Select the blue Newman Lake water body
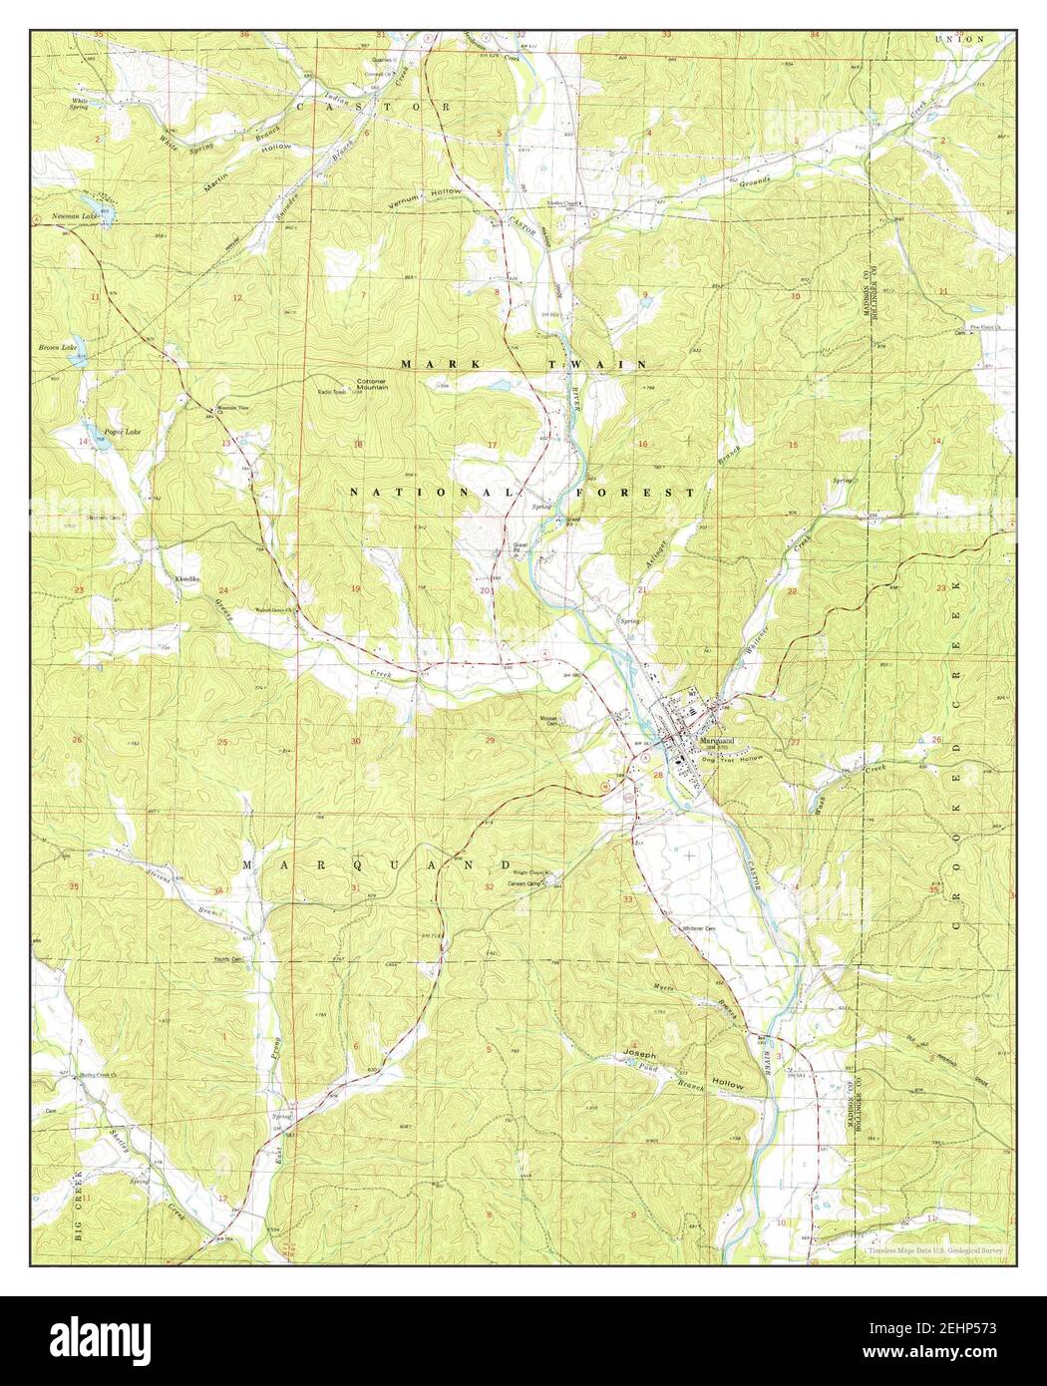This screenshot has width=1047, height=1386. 105,216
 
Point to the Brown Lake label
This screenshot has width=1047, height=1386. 57,348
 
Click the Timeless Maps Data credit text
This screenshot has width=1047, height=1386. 933,1248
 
